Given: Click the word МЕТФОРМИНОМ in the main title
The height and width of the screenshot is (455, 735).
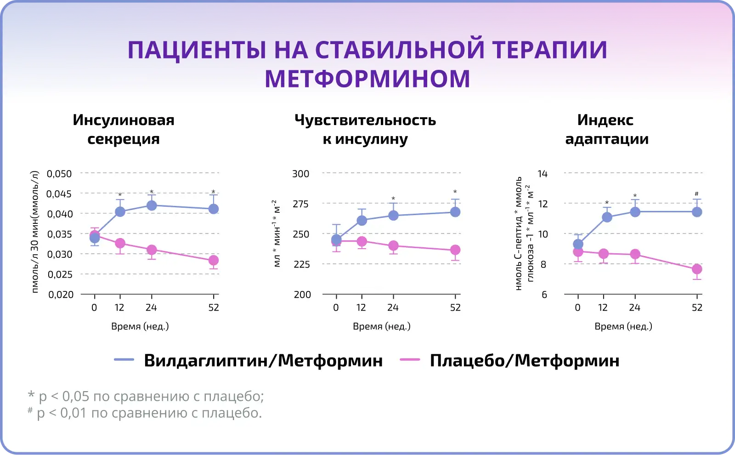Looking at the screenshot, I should (367, 79).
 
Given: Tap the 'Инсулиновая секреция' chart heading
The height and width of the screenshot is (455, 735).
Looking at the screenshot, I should (124, 129).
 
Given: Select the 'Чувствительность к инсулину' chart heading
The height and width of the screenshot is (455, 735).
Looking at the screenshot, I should (365, 129).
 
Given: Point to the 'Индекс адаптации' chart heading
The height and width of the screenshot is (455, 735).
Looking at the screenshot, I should (606, 129).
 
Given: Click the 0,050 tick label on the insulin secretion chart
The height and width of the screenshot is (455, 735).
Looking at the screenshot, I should (60, 174).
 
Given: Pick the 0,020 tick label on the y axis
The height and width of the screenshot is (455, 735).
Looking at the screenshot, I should (61, 295).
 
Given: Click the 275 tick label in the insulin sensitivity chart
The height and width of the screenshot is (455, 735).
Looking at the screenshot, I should (301, 204).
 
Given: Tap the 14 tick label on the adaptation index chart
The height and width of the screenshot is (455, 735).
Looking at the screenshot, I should (543, 174).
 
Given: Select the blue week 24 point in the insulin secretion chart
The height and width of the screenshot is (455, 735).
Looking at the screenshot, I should (151, 205).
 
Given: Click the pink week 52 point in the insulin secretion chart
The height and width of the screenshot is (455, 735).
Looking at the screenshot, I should (214, 261).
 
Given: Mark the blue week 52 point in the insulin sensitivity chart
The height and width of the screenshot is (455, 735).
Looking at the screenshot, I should (455, 212).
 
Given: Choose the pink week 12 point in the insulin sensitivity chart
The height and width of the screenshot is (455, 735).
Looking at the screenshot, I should (362, 241).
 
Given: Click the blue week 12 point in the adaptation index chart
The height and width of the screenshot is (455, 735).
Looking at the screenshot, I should (607, 217).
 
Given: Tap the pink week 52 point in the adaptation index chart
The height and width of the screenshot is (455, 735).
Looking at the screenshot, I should (697, 269).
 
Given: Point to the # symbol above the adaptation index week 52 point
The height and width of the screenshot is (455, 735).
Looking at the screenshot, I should (697, 194).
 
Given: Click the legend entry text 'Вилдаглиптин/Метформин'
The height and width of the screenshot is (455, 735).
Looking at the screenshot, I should (263, 361).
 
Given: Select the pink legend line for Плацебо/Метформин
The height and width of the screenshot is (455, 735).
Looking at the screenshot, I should (410, 360).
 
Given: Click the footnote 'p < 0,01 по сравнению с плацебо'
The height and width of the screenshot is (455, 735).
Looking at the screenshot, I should (149, 413).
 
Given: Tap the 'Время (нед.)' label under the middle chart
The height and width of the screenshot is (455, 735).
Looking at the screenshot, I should (381, 326).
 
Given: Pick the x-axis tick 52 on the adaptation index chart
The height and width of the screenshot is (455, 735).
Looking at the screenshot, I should (697, 307).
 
